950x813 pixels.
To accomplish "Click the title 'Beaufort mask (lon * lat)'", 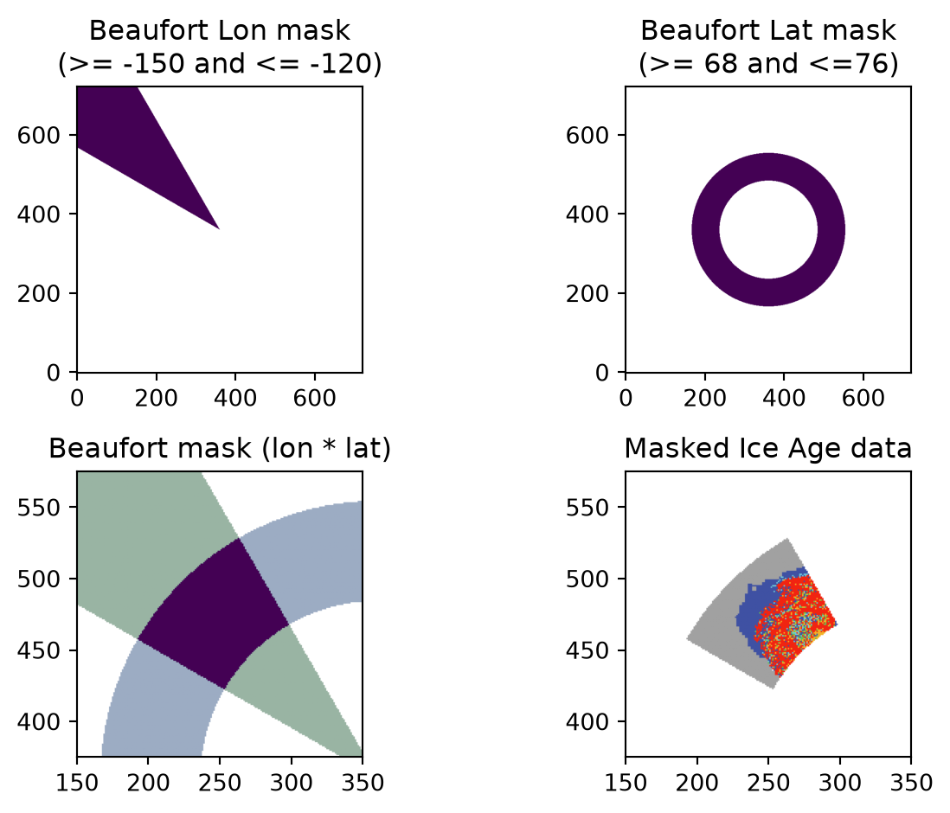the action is coord(219,449).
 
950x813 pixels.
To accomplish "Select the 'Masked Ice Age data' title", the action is coord(767,449).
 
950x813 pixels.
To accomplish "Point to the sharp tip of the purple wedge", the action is coord(219,229).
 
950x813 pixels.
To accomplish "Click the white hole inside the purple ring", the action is coord(768,229).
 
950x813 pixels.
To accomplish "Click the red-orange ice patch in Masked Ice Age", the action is coord(797,624).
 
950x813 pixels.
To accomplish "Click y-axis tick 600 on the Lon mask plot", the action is coord(39,135).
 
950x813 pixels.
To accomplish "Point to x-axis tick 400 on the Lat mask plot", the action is coord(784,398).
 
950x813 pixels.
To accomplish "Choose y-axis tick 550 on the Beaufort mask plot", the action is coord(39,508).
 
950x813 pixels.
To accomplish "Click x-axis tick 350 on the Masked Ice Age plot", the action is coord(911,783).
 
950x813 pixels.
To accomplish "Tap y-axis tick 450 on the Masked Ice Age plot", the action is coord(587,650).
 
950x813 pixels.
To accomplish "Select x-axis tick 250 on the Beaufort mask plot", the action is coord(220,783).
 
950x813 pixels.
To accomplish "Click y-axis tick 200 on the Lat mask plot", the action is coord(587,294).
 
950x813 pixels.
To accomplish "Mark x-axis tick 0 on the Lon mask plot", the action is coord(77,398).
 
